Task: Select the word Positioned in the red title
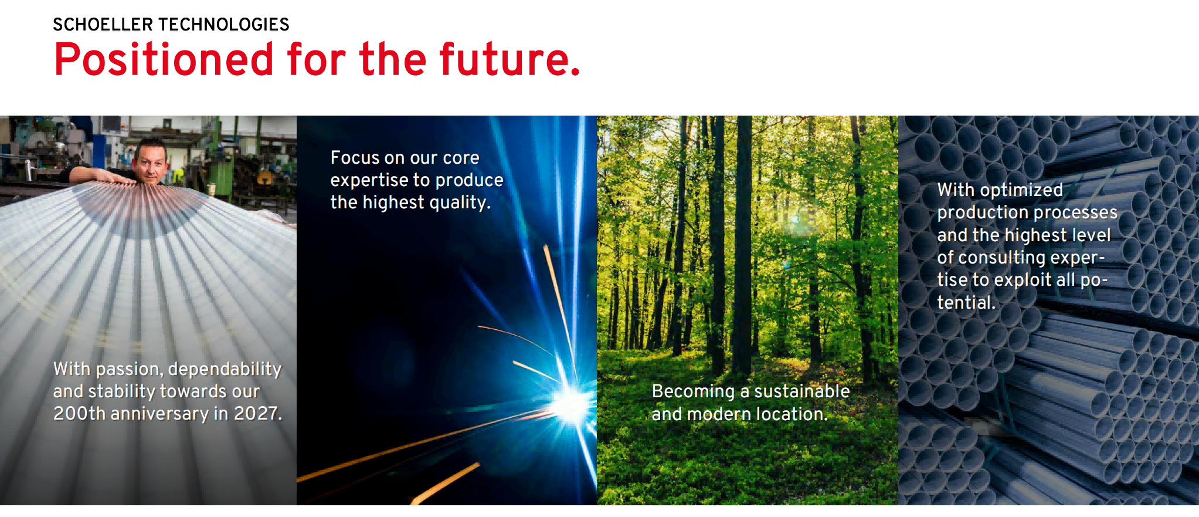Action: pyautogui.click(x=164, y=60)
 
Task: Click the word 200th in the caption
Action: pyautogui.click(x=80, y=414)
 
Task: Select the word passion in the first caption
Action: pyautogui.click(x=130, y=370)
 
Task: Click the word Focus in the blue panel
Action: pyautogui.click(x=355, y=158)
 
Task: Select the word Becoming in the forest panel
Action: pyautogui.click(x=694, y=392)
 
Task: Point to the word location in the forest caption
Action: pyautogui.click(x=792, y=414)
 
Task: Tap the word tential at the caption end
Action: pyautogui.click(x=966, y=303)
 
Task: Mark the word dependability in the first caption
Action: pyautogui.click(x=225, y=370)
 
